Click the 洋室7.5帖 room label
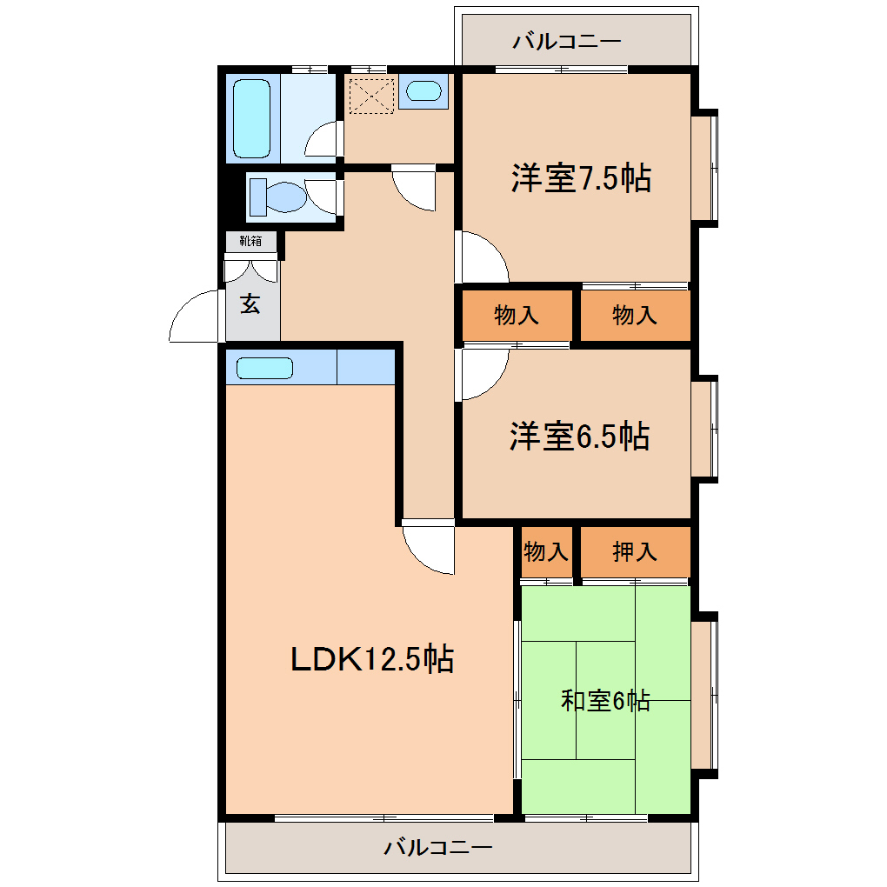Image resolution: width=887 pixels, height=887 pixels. [x=581, y=177]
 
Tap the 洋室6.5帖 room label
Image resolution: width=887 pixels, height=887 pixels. [x=579, y=436]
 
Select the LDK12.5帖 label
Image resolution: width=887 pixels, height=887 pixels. [x=371, y=658]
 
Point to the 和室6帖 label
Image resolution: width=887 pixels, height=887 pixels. [x=605, y=700]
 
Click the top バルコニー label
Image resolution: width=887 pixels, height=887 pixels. [x=567, y=41]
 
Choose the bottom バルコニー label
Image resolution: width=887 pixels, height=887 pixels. [x=438, y=847]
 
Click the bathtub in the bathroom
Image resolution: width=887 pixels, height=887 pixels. [x=251, y=118]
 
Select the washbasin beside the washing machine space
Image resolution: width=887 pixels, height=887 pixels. [x=423, y=91]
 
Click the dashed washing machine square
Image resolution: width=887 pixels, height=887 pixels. [x=371, y=97]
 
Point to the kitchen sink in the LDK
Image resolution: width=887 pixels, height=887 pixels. [x=264, y=368]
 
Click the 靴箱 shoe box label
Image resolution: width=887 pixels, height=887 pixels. [x=250, y=242]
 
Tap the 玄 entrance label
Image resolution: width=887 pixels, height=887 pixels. [x=250, y=304]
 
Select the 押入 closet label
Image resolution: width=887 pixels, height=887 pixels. [x=635, y=551]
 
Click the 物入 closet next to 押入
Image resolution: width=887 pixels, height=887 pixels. [x=546, y=551]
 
